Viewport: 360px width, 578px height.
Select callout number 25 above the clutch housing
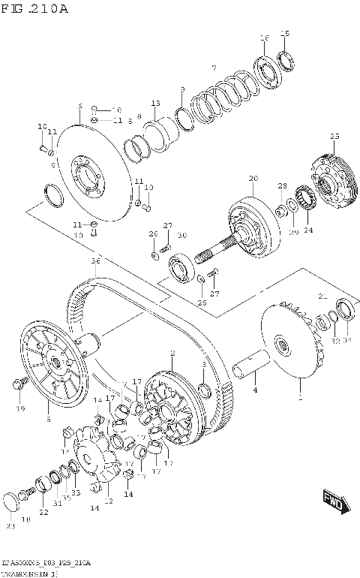(x=334, y=136)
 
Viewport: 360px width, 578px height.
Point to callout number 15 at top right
(x=284, y=33)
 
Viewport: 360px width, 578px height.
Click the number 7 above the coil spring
(x=213, y=68)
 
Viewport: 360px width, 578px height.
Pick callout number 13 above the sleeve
(x=156, y=103)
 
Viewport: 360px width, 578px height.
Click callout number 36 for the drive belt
(x=95, y=261)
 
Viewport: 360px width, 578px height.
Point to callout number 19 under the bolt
(x=21, y=409)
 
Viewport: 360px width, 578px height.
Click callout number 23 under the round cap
(x=10, y=525)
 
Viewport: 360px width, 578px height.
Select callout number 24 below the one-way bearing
(x=307, y=230)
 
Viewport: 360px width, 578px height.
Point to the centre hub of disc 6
(x=84, y=174)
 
